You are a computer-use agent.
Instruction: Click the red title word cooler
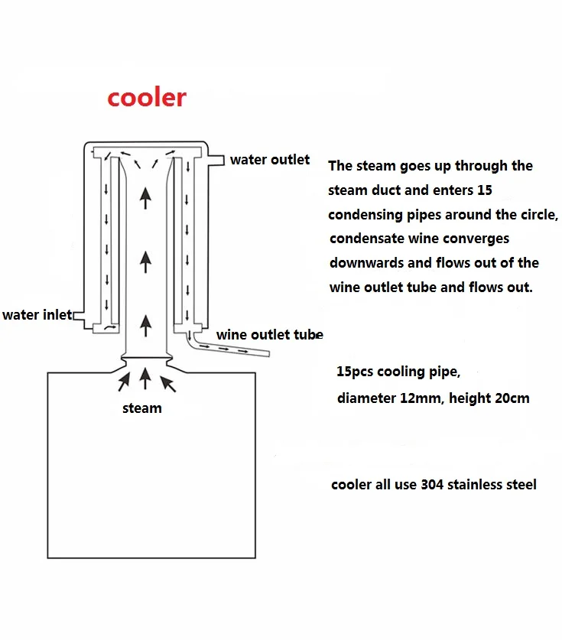point(147,98)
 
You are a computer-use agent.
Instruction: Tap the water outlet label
point(270,160)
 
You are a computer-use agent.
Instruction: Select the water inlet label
point(37,315)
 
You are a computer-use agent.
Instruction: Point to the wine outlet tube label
point(269,335)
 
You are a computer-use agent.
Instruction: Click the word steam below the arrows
point(142,408)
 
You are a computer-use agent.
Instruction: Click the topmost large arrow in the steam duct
point(146,197)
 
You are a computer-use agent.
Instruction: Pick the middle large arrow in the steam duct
point(146,262)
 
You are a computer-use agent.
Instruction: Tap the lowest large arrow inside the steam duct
point(146,326)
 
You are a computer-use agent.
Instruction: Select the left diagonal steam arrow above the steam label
point(124,382)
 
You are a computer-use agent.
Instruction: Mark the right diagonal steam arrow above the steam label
point(168,384)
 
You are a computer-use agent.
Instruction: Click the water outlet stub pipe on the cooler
point(216,160)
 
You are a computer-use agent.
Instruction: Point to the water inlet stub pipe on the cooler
point(80,316)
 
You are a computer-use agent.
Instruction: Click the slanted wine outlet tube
point(229,346)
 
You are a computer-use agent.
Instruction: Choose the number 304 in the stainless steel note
point(432,485)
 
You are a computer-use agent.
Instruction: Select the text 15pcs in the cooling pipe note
point(355,372)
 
